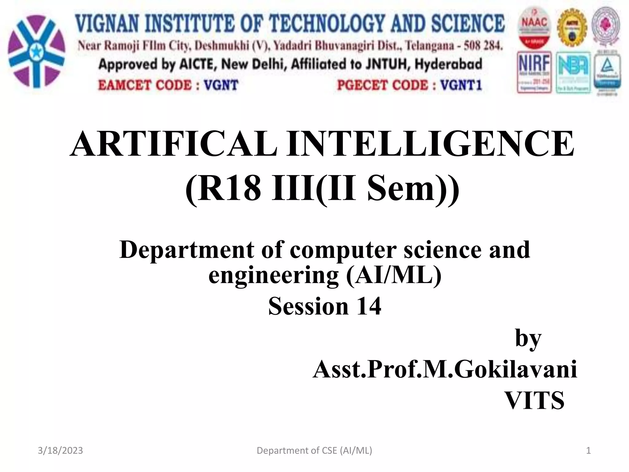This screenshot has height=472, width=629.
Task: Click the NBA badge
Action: [573, 73]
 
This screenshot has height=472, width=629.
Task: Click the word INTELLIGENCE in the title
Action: [430, 144]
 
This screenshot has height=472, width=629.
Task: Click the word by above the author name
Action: [528, 338]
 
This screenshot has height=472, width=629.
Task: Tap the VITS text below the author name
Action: [535, 400]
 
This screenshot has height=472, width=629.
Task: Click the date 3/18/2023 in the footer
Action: [60, 450]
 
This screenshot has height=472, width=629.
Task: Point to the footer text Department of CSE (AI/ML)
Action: [314, 450]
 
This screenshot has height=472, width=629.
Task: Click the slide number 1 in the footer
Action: [588, 450]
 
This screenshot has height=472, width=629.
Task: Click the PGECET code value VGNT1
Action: [461, 85]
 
